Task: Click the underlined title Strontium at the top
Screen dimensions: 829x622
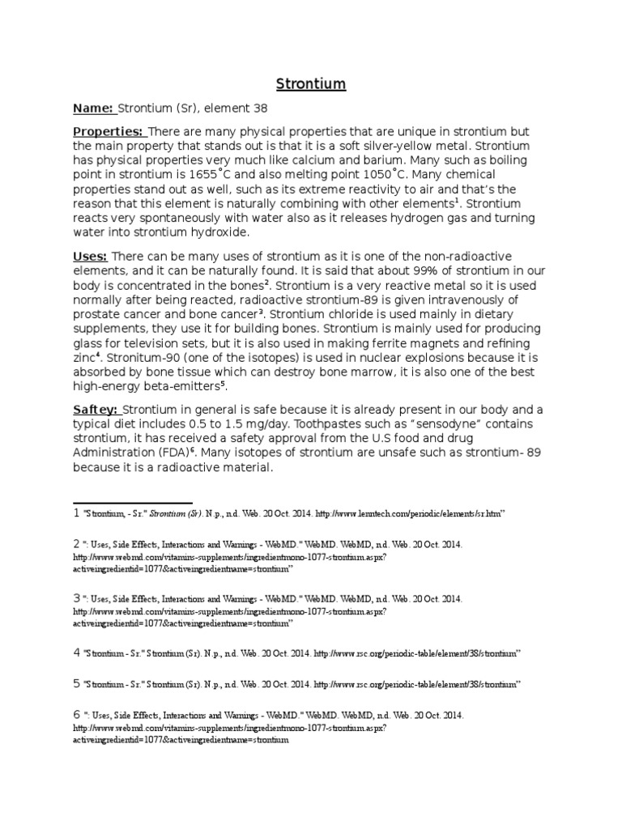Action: (311, 83)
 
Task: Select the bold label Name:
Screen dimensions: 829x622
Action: (95, 108)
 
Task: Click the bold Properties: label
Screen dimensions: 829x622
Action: (109, 132)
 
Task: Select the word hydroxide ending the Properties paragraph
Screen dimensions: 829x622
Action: (221, 232)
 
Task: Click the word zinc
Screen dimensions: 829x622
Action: (85, 356)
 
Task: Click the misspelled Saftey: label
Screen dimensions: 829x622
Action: (96, 410)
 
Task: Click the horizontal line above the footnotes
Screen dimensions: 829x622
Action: (133, 502)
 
